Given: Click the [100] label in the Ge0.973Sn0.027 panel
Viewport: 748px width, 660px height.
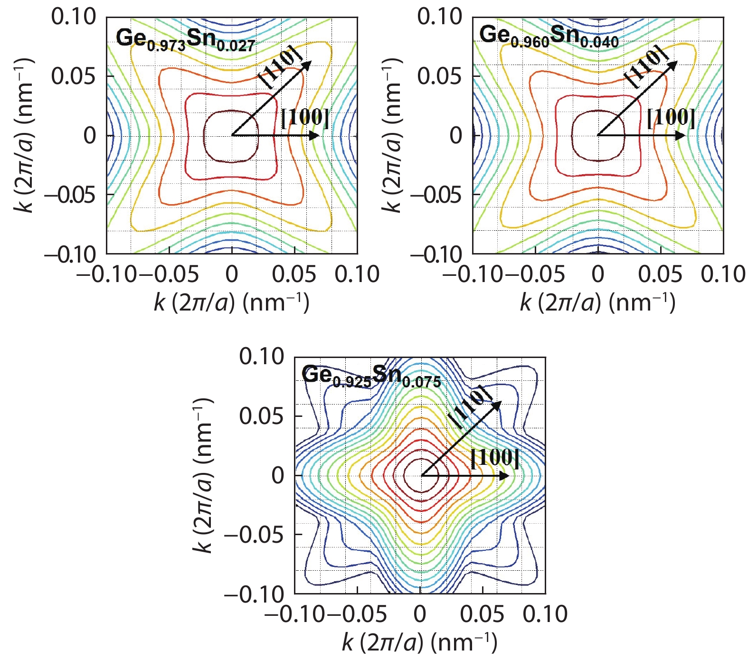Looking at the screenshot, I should (x=305, y=118).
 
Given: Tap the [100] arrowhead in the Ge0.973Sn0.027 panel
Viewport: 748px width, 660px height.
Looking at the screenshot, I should (x=314, y=136).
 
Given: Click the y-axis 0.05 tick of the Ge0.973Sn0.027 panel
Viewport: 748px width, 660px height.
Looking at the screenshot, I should (x=74, y=76).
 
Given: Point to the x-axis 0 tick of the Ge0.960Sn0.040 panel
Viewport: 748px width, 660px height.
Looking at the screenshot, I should (x=598, y=274).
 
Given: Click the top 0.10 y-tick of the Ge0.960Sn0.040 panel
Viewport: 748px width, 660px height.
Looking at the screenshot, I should (x=439, y=17).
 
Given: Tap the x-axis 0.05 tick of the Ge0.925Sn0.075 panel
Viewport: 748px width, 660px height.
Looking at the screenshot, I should (x=483, y=614).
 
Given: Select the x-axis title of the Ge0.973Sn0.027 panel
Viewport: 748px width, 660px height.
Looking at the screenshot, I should (x=231, y=302).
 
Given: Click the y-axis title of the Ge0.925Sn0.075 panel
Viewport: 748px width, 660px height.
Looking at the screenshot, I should (x=203, y=475).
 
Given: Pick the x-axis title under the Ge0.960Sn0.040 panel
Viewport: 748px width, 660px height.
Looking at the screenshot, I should (x=597, y=302).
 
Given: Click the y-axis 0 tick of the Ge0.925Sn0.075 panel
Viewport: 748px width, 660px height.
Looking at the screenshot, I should (x=277, y=475).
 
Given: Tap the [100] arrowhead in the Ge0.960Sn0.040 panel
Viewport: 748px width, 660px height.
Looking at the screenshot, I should (x=681, y=136).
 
